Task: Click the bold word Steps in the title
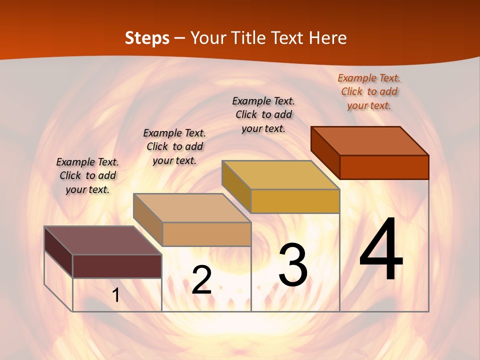pyautogui.click(x=147, y=38)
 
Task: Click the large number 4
pyautogui.click(x=381, y=249)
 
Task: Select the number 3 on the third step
pyautogui.click(x=293, y=265)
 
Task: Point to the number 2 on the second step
pyautogui.click(x=201, y=280)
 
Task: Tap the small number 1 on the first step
pyautogui.click(x=116, y=295)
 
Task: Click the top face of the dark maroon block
pyautogui.click(x=102, y=240)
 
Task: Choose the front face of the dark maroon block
pyautogui.click(x=117, y=266)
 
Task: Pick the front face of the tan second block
pyautogui.click(x=206, y=234)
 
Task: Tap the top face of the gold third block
pyautogui.click(x=281, y=175)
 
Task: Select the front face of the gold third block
pyautogui.click(x=295, y=201)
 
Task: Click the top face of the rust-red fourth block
pyautogui.click(x=370, y=141)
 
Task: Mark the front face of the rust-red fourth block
pyautogui.click(x=384, y=167)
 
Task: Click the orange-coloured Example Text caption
pyautogui.click(x=369, y=91)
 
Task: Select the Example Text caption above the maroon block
pyautogui.click(x=87, y=175)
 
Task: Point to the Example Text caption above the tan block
pyautogui.click(x=174, y=146)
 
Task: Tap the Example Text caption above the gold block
pyautogui.click(x=263, y=114)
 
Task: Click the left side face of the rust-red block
pyautogui.click(x=325, y=152)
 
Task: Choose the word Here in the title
pyautogui.click(x=328, y=38)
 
